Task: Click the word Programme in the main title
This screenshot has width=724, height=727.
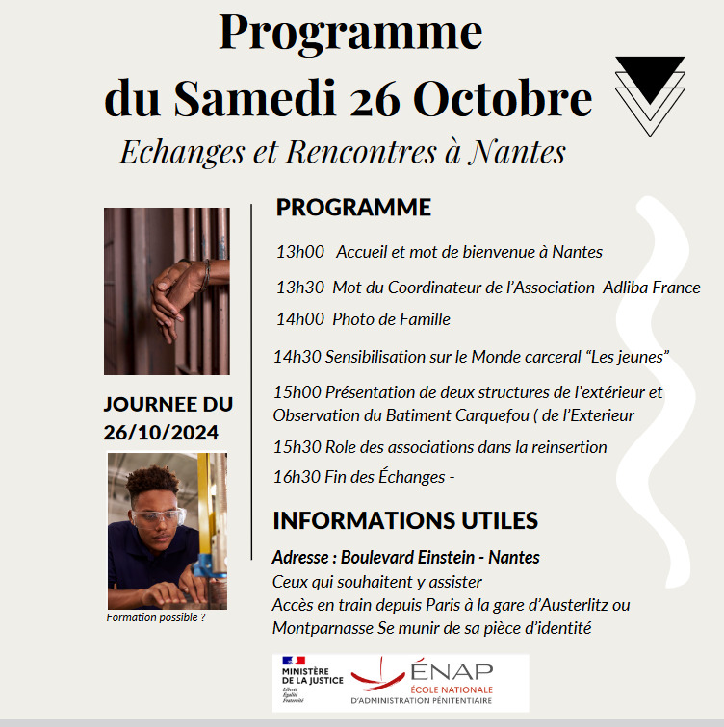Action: pos(350,34)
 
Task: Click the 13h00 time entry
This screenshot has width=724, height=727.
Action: pos(300,252)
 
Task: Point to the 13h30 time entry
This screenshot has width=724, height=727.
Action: pos(300,287)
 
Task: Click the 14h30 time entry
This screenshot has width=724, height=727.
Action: pos(297,357)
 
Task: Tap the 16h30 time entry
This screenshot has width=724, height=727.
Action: pos(297,477)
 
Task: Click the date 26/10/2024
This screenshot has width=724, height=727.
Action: pos(161,432)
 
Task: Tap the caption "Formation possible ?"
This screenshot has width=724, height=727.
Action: pos(155,617)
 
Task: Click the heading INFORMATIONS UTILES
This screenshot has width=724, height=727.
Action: pos(404,521)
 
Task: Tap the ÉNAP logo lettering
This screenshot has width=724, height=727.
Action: pos(451,670)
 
